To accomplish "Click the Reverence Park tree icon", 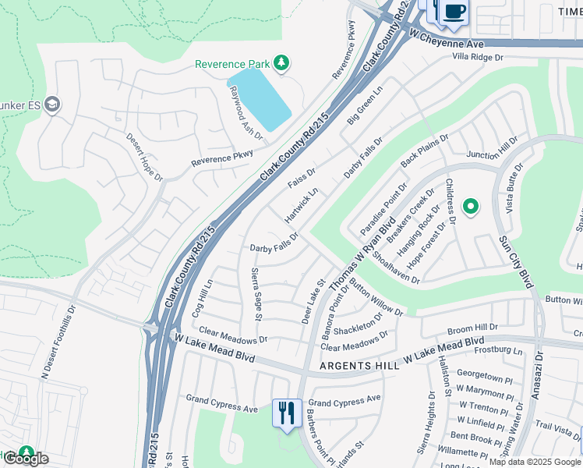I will tap(283, 62).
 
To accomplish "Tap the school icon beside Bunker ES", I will tap(52, 105).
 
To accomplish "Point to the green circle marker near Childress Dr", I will tap(470, 207).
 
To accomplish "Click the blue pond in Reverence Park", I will tap(259, 98).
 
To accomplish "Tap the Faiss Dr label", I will tap(302, 178).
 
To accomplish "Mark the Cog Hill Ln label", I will tap(200, 298).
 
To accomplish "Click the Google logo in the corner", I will tap(26, 459).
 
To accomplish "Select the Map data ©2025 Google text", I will tap(534, 462).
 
